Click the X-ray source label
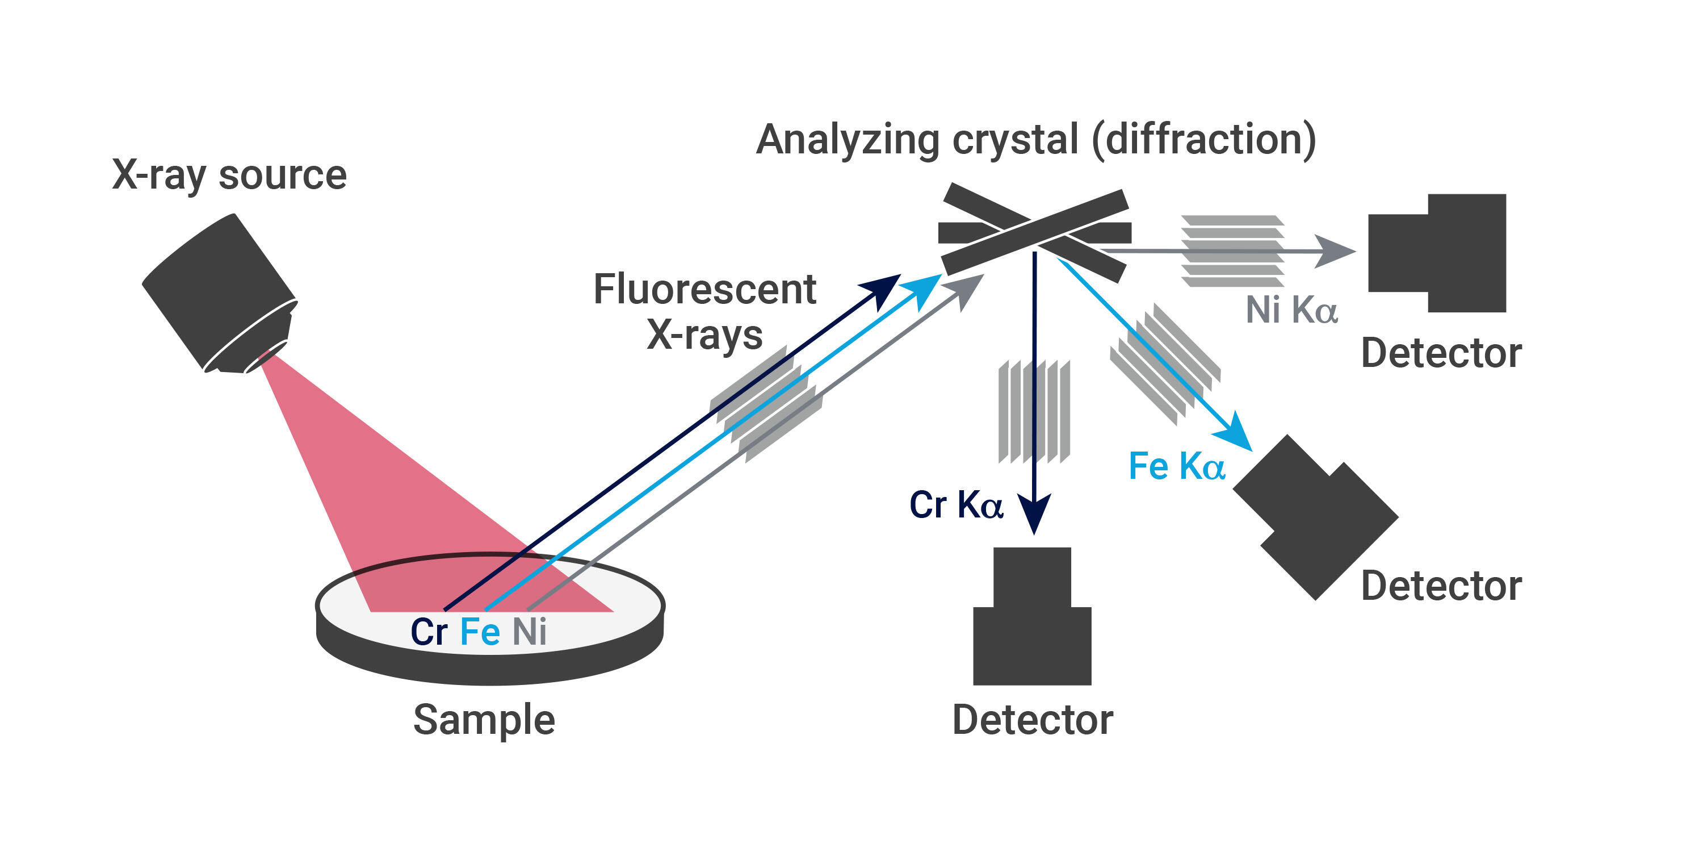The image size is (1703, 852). pos(229,176)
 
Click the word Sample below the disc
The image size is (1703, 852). pos(484,720)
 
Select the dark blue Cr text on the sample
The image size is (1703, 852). pos(429,632)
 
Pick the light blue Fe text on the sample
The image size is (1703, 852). pos(480,632)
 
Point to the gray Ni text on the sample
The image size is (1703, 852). pos(530,632)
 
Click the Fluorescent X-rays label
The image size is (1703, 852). pos(704,311)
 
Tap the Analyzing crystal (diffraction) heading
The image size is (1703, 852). pos(1036,140)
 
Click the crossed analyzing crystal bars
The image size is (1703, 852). pos(1035,232)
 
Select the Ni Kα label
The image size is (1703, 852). pos(1291,310)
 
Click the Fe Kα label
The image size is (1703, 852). pos(1176,466)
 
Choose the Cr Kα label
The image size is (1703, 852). pos(956,505)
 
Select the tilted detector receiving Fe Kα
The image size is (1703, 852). pos(1316,517)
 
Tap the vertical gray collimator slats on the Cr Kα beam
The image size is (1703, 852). pos(1033,411)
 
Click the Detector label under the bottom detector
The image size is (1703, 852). pos(1033,720)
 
